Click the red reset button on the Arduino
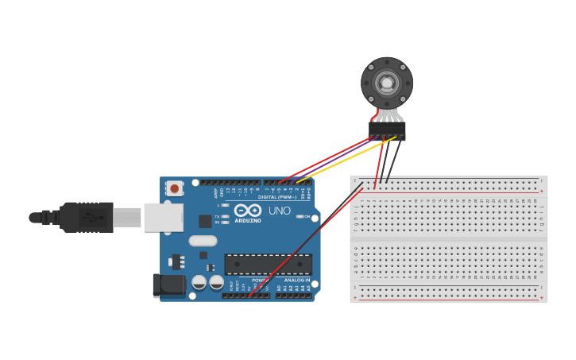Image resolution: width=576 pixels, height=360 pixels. (174, 188)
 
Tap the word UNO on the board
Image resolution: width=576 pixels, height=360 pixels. (280, 211)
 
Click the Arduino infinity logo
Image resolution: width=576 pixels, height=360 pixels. (247, 211)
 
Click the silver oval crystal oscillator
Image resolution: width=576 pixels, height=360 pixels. (203, 240)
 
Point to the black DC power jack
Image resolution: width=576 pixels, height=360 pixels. (168, 285)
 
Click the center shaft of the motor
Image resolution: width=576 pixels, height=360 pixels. (387, 82)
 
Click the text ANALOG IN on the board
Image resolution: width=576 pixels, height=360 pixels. (294, 280)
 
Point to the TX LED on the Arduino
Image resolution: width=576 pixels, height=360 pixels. (226, 215)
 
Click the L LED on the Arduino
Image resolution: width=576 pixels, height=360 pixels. (226, 205)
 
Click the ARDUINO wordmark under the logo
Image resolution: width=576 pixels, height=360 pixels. (248, 220)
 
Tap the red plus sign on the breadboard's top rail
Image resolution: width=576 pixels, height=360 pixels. (541, 192)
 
